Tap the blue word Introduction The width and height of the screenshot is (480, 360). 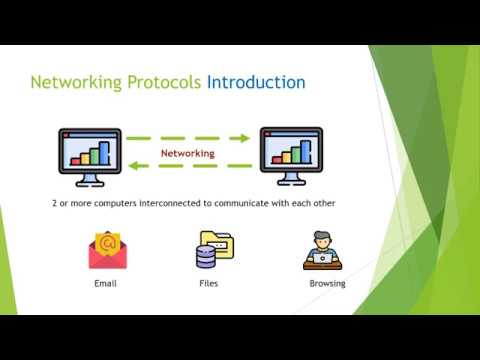point(256,82)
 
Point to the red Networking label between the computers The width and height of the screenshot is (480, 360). point(188,154)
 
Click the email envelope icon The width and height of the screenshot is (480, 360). point(106,251)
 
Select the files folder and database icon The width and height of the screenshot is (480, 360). point(211,250)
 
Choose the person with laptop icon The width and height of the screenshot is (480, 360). point(322,251)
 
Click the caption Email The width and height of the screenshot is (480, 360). point(106,284)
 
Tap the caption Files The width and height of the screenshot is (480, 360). point(209,284)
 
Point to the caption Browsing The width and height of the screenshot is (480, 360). point(327,284)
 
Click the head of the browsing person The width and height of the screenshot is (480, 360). point(322,240)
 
